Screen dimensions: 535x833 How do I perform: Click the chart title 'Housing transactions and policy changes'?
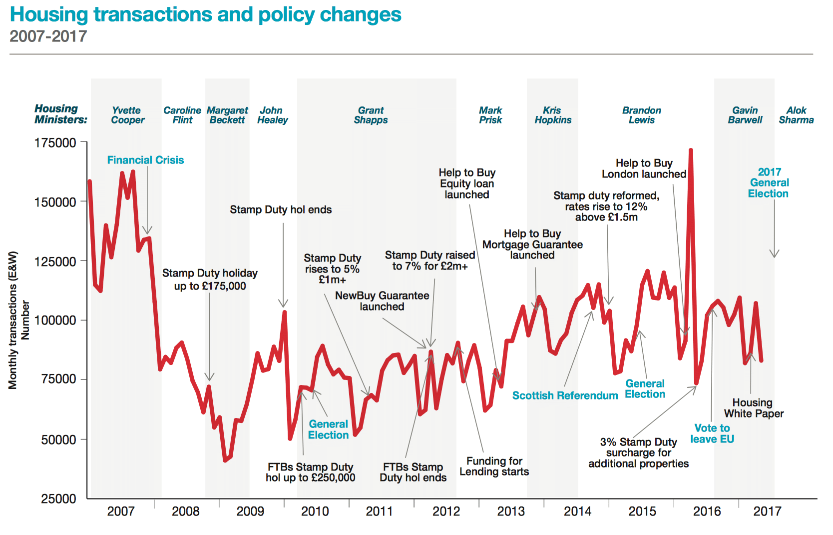click(x=205, y=15)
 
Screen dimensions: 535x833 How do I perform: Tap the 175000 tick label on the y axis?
click(x=55, y=143)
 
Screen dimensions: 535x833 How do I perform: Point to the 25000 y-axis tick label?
click(x=58, y=498)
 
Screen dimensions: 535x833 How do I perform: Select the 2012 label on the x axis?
click(x=446, y=511)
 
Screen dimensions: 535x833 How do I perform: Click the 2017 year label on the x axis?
click(x=767, y=511)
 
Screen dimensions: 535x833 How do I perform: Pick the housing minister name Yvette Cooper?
click(x=127, y=115)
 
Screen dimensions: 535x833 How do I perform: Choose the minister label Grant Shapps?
click(x=371, y=115)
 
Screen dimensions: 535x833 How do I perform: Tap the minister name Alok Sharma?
click(x=796, y=115)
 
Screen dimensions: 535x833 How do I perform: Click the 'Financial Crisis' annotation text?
click(x=145, y=160)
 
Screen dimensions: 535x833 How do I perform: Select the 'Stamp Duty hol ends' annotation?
click(x=281, y=210)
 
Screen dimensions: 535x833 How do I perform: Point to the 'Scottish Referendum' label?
click(x=565, y=395)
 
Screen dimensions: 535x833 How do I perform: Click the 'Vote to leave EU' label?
click(x=712, y=433)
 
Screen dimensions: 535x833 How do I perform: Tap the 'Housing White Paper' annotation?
click(x=754, y=408)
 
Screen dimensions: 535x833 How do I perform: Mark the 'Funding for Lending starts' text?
click(x=494, y=466)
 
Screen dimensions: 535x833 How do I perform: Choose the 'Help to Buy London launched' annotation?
click(x=644, y=168)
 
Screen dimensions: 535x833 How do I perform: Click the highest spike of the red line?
click(x=691, y=150)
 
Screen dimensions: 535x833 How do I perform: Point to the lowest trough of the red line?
click(x=225, y=460)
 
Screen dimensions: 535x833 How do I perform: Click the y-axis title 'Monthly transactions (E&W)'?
click(x=13, y=320)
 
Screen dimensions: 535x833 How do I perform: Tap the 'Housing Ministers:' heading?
click(x=60, y=114)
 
